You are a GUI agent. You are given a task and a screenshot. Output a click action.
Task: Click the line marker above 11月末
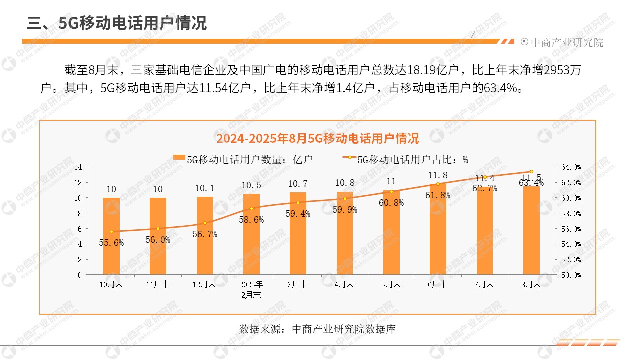coord(158,228)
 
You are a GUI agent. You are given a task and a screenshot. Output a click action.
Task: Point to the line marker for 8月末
coord(531,171)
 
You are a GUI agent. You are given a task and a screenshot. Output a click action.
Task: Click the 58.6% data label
coord(251,219)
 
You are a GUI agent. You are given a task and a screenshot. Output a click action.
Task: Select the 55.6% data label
coord(111,243)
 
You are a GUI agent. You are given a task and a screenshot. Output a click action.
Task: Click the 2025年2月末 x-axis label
coord(251,289)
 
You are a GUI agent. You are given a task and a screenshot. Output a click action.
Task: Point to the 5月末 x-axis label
coord(391,284)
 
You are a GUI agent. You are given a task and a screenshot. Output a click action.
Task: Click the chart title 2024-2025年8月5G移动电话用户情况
coord(317,138)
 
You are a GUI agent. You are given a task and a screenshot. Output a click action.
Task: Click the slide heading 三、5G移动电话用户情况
coord(117,23)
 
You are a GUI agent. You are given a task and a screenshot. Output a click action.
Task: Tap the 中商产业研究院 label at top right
coord(566,43)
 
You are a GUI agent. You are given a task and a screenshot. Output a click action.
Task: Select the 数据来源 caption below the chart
coord(317,329)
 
